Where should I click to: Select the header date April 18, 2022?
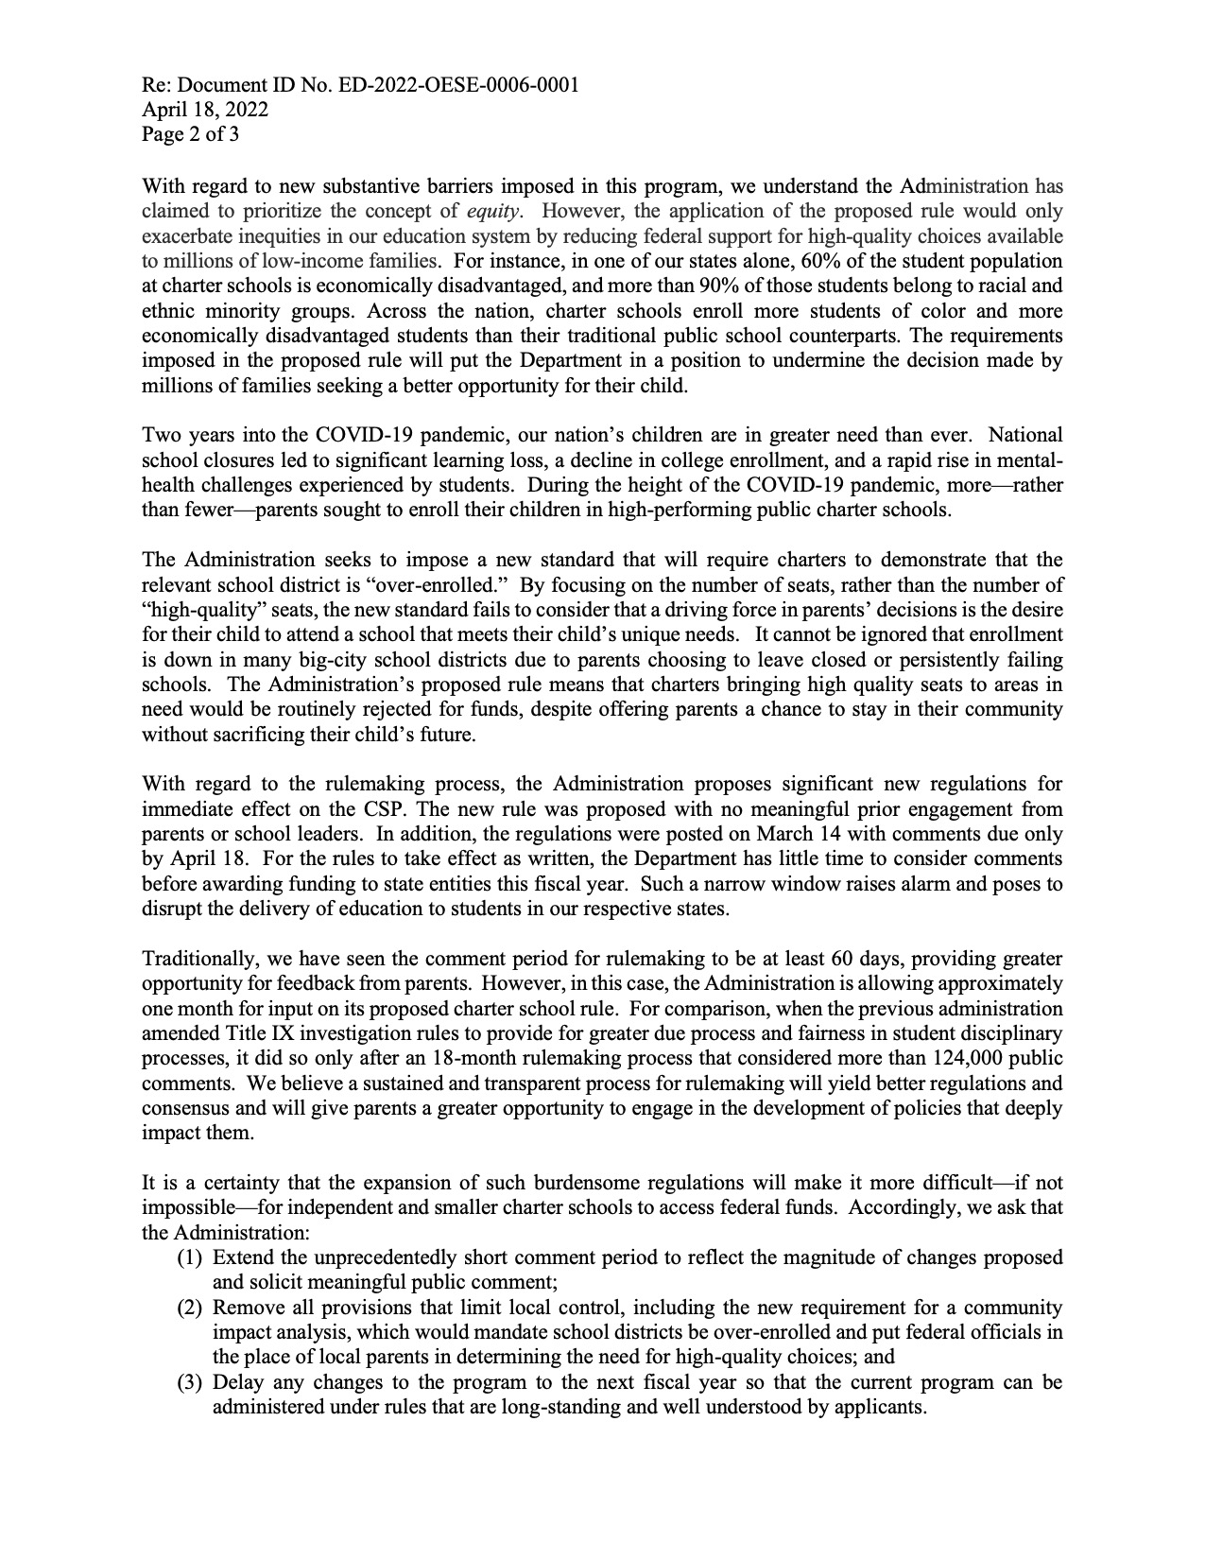205,110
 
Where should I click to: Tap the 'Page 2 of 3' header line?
190,134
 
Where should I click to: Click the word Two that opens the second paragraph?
159,435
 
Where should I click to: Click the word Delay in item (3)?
237,1382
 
